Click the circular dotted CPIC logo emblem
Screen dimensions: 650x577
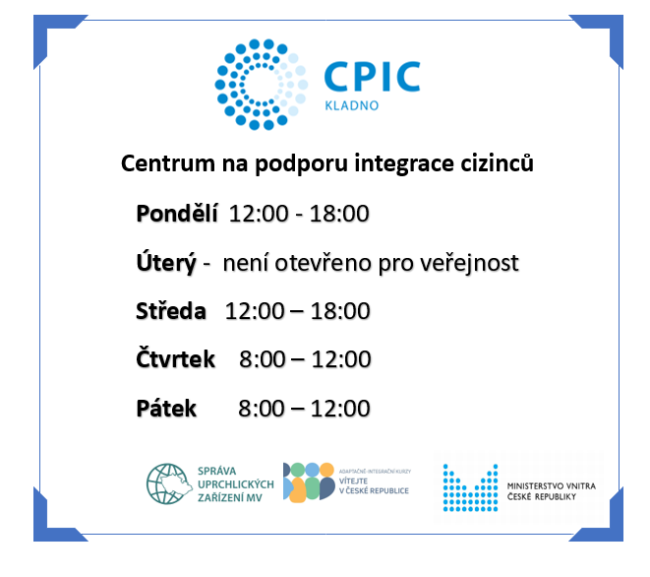pos(262,85)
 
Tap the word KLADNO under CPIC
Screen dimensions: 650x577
pos(351,106)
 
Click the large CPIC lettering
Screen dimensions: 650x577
pos(373,77)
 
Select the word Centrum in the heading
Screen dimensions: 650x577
pos(168,163)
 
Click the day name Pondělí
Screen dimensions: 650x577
pos(177,214)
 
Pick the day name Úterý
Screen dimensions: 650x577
pos(166,262)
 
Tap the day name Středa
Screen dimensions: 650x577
pos(171,311)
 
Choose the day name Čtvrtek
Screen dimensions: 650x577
pos(176,358)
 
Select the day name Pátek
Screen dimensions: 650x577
pos(166,408)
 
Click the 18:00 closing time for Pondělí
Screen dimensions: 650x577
pos(339,214)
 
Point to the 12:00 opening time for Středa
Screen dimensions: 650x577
pos(255,311)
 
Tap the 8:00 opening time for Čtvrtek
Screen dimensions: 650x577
pos(263,359)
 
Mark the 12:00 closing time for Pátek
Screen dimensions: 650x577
pos(340,409)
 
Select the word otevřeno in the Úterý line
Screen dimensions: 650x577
pos(324,263)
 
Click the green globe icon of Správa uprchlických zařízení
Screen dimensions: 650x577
pos(169,484)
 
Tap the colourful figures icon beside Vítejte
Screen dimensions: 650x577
pos(309,481)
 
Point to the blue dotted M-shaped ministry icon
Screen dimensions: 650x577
pos(470,487)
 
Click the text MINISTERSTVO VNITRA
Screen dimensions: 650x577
pos(552,486)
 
